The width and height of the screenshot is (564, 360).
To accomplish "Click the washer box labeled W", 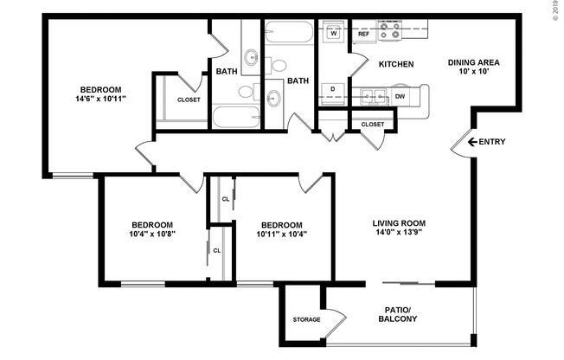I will (333, 34).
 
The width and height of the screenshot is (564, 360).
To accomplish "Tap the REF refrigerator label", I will (364, 46).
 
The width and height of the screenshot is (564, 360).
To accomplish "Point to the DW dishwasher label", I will (401, 97).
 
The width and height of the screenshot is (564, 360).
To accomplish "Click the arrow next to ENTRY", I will (472, 142).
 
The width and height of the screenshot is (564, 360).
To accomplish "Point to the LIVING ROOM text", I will (399, 222).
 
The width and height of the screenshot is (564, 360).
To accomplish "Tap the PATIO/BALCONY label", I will (399, 314).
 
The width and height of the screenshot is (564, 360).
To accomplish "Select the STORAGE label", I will (306, 319).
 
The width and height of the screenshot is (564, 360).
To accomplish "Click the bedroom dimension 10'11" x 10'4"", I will (282, 234).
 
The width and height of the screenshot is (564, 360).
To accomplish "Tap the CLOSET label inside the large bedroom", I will (189, 100).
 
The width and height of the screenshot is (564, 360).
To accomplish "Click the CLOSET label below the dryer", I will (372, 125).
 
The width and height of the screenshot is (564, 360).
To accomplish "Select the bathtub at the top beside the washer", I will (290, 34).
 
